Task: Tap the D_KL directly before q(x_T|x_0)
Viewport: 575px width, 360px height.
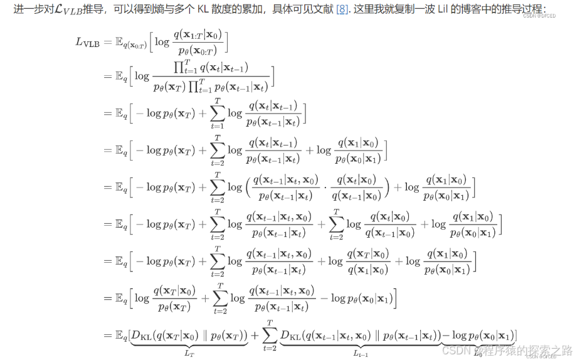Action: [143, 336]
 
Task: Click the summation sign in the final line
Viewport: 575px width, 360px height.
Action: [271, 336]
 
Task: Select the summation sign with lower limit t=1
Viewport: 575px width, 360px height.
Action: [217, 113]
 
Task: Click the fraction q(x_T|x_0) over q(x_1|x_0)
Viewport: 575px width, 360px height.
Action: [368, 261]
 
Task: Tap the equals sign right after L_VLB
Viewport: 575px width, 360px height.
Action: [108, 43]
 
